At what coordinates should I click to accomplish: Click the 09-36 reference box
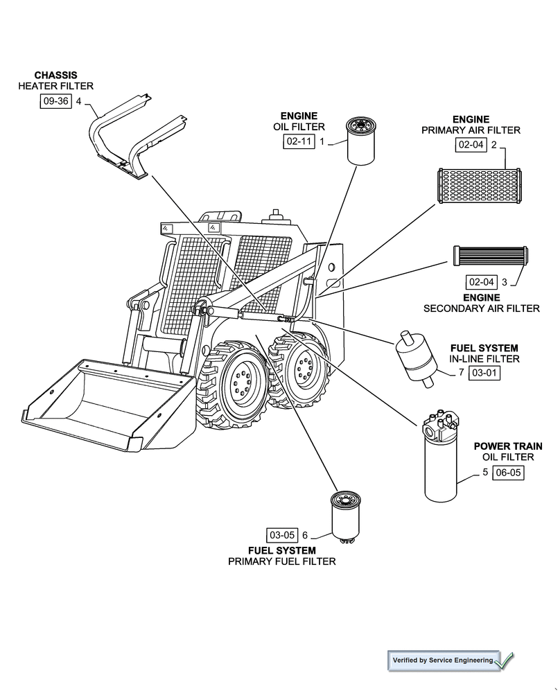pyautogui.click(x=55, y=102)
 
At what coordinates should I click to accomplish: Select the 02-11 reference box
pyautogui.click(x=299, y=141)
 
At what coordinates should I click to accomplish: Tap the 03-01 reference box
pyautogui.click(x=484, y=373)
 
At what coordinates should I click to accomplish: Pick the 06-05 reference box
pyautogui.click(x=508, y=473)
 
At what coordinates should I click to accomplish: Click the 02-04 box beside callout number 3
pyautogui.click(x=482, y=282)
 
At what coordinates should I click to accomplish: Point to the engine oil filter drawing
pyautogui.click(x=360, y=141)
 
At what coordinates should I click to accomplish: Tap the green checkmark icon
pyautogui.click(x=505, y=660)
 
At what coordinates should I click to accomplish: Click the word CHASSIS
pyautogui.click(x=55, y=75)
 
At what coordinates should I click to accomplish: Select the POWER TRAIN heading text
pyautogui.click(x=507, y=446)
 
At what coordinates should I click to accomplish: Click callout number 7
pyautogui.click(x=461, y=373)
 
